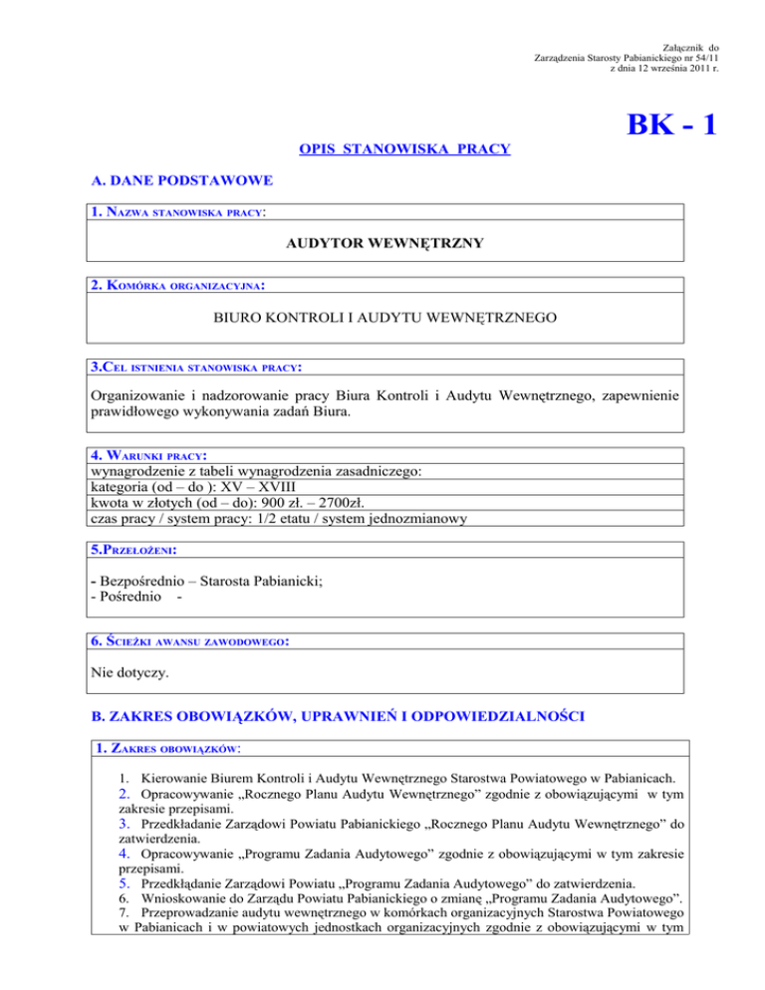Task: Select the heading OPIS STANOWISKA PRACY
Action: coord(405,149)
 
